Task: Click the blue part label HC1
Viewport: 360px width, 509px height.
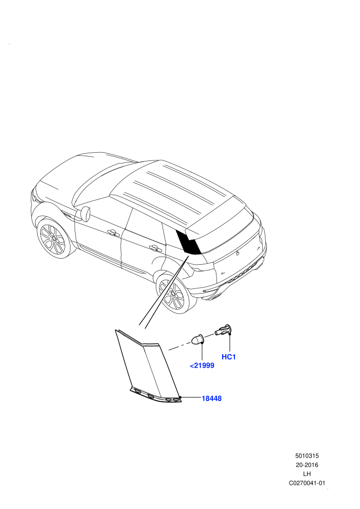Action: coord(228,357)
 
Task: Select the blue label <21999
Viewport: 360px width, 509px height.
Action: coord(202,366)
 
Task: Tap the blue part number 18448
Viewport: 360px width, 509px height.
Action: coord(212,398)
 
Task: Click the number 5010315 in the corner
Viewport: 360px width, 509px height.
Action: coord(307,456)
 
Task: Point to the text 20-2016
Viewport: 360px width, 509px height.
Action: coord(307,465)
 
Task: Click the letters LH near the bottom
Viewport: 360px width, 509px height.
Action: coord(307,474)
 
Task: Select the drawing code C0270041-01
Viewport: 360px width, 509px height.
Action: coord(307,483)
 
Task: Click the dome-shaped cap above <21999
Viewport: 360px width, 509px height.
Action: coord(197,339)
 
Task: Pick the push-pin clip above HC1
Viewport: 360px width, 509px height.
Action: coord(223,330)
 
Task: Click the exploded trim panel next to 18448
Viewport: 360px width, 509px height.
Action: coord(148,367)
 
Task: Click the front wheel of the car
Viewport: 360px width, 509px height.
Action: coord(55,239)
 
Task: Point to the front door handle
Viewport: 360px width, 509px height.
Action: coord(112,232)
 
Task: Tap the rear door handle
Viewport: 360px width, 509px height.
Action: coord(155,248)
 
